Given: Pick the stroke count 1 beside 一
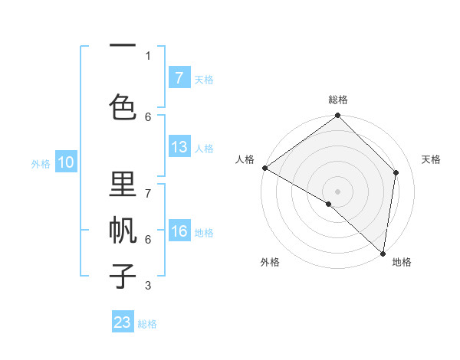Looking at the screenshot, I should click(x=148, y=56).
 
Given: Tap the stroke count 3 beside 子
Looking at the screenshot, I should click(x=148, y=286).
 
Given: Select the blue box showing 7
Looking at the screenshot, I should click(x=179, y=77).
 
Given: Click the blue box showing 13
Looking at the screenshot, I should click(x=179, y=147).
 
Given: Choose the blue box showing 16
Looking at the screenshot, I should click(x=179, y=231).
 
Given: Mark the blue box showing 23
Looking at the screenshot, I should click(x=123, y=322).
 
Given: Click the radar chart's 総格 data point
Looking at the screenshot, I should click(x=337, y=116).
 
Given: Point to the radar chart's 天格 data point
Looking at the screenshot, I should click(x=396, y=172).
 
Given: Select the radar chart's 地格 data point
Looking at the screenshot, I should click(x=383, y=254).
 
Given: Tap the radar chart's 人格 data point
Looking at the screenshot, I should click(x=264, y=168).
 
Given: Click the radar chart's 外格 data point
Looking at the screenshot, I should click(x=329, y=204).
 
